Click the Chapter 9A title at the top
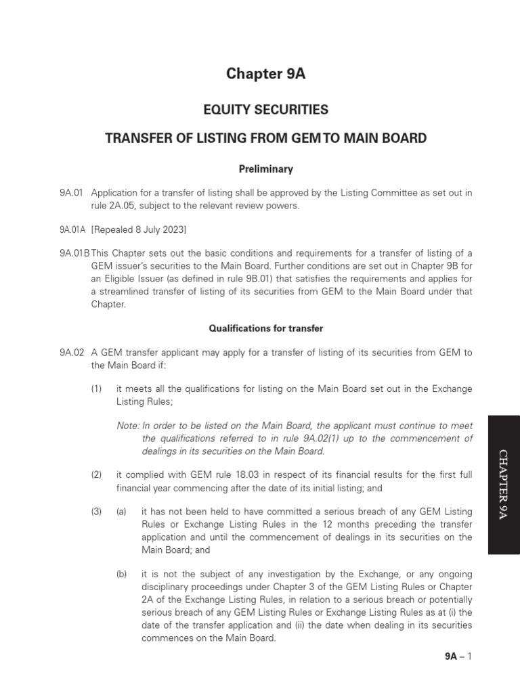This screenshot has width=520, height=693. tap(265, 74)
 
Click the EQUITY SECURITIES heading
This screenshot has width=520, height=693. tap(265, 110)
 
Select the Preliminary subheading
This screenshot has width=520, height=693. tap(265, 169)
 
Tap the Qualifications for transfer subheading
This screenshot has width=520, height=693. tap(265, 328)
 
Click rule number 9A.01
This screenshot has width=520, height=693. tap(70, 193)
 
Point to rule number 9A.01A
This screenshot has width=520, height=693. tap(72, 229)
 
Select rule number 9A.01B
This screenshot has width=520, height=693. tap(74, 252)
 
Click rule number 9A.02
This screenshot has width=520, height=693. tap(71, 353)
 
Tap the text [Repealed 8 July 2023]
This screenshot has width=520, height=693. tap(139, 229)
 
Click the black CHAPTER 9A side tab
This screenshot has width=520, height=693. tap(503, 485)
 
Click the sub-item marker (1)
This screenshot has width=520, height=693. tap(97, 389)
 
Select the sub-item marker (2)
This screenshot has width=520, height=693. tap(97, 474)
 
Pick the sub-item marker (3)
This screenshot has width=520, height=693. tap(97, 512)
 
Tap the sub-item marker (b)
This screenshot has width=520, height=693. tap(122, 574)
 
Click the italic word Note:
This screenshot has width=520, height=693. tap(128, 426)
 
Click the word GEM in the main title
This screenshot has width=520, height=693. tap(307, 139)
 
